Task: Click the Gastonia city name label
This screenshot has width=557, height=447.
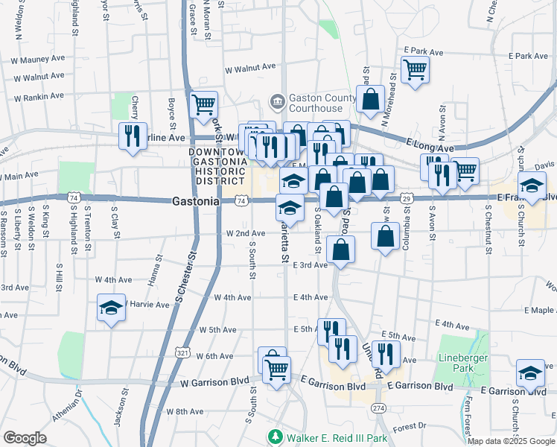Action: click(195, 201)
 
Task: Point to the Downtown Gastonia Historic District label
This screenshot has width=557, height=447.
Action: click(217, 165)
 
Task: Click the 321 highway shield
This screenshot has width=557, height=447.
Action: click(182, 350)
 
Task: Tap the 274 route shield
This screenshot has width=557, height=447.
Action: click(378, 408)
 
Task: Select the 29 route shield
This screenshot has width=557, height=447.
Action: click(407, 199)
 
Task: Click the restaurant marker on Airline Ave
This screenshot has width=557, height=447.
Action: click(133, 136)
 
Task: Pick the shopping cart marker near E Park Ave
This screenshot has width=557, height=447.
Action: click(415, 70)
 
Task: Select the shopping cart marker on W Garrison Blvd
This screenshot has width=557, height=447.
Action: click(276, 369)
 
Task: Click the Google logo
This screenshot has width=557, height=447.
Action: click(25, 438)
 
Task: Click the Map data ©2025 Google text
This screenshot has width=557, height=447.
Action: click(510, 441)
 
